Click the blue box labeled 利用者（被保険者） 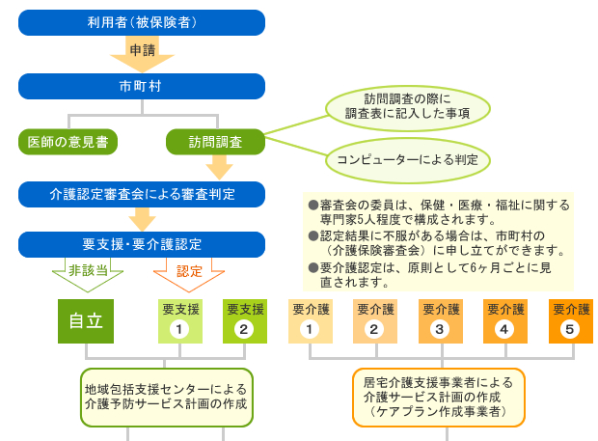142,21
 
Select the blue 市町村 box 142,86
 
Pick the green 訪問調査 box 215,142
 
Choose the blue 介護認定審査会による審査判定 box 142,194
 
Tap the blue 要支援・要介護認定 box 142,244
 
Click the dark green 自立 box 86,321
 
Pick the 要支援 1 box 180,321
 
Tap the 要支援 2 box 244,321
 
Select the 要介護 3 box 440,321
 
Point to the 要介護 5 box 570,321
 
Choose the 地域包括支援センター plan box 166,396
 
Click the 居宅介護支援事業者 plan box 439,396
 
